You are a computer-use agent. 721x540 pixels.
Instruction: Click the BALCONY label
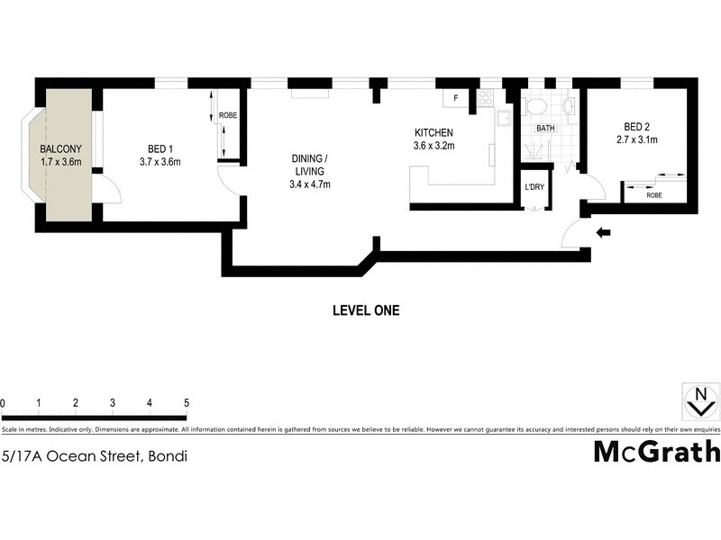coord(61,149)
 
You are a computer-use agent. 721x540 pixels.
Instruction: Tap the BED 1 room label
coord(160,149)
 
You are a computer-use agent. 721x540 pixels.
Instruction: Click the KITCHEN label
coord(434,132)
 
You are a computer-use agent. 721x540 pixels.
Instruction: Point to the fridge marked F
coord(456,97)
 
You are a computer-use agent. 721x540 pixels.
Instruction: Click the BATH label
coord(546,129)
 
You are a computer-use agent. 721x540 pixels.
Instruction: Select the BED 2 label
coord(637,127)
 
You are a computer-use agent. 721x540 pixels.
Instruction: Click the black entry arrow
coord(604,233)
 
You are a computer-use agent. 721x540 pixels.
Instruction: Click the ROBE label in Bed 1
coord(227,115)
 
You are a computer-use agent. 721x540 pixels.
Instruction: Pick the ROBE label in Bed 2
coord(654,193)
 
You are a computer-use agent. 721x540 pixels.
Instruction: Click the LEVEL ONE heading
coord(366,310)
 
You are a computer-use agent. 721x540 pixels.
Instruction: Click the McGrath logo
coord(656,453)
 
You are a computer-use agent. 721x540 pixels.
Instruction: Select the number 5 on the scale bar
coord(186,402)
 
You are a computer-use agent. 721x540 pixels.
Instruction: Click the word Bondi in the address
coord(168,456)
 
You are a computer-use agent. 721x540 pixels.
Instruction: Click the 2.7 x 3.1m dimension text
coord(638,139)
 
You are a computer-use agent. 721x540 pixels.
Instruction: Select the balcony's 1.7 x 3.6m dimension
coord(61,162)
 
